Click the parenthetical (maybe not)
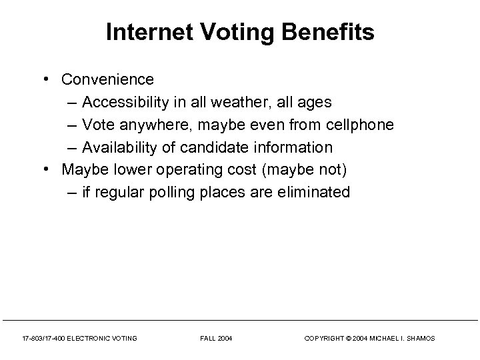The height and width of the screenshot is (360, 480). pyautogui.click(x=305, y=170)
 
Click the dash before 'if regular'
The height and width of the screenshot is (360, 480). pyautogui.click(x=72, y=193)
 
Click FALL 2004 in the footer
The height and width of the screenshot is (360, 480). pyautogui.click(x=217, y=339)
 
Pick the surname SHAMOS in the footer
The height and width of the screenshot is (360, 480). pyautogui.click(x=419, y=339)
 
